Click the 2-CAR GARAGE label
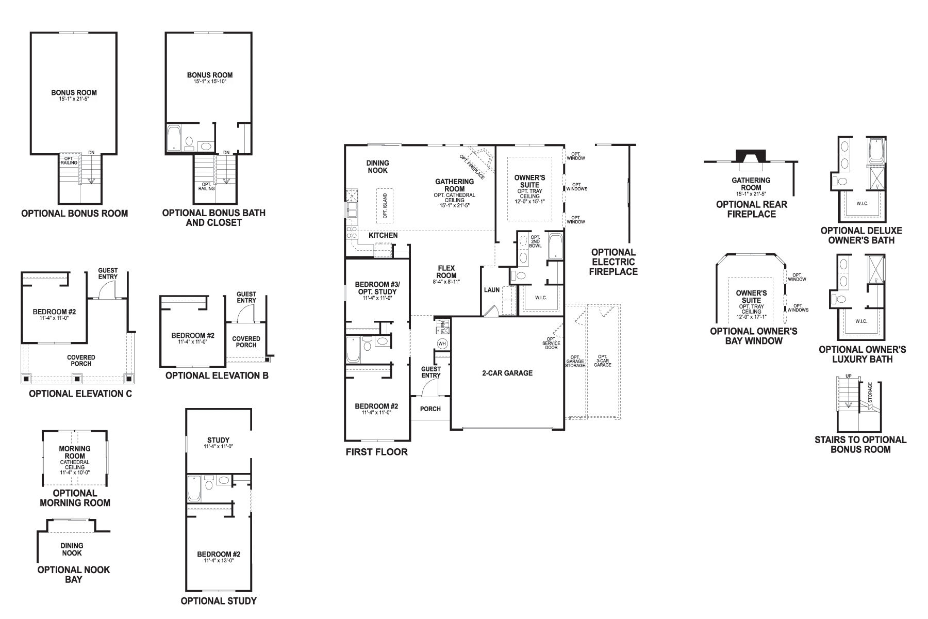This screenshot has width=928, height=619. (x=507, y=373)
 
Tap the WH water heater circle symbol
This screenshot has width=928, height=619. (x=442, y=344)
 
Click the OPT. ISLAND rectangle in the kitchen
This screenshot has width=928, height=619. (x=385, y=205)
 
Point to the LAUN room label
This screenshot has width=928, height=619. (x=491, y=290)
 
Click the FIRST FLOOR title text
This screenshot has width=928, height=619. (x=377, y=452)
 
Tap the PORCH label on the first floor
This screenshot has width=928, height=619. (x=430, y=409)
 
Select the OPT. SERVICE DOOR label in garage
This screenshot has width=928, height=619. (x=551, y=344)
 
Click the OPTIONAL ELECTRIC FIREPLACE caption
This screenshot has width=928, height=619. (x=613, y=262)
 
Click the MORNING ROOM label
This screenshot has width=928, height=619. (x=75, y=452)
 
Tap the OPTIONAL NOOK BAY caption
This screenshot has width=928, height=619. (x=74, y=574)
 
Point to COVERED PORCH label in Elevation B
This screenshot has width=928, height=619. (x=246, y=342)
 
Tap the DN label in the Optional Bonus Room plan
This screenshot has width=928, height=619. (x=91, y=152)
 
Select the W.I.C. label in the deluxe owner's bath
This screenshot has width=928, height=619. (x=862, y=203)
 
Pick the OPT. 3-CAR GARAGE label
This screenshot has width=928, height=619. (x=602, y=361)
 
